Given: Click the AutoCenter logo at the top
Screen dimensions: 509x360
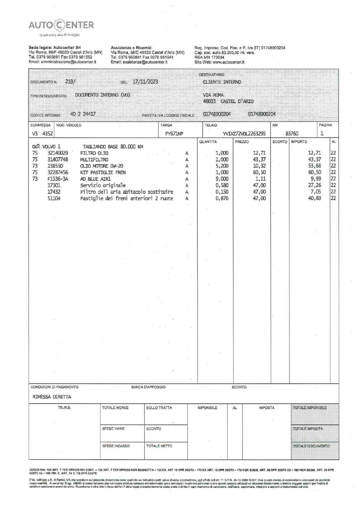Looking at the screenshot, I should pos(61,25).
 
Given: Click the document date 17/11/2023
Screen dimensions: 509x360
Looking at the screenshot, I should pos(145,82).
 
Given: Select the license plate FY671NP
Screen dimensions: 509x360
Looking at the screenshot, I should pos(177,134).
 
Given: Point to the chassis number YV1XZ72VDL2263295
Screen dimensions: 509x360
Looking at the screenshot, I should pos(244,134).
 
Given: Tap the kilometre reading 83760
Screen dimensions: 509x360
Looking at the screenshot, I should pos(292,134).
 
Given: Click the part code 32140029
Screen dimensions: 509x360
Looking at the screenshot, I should pos(58,153).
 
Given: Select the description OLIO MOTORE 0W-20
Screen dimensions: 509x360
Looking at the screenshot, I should pos(102,166).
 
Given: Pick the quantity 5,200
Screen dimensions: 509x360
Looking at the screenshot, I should pos(222,166).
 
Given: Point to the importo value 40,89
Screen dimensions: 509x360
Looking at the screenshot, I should pos(314,198).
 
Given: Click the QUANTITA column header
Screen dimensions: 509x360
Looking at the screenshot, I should pos(208,142).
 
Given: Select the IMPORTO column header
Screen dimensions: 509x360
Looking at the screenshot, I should pos(299,142).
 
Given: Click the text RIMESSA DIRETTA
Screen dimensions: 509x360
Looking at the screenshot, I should pos(52,397).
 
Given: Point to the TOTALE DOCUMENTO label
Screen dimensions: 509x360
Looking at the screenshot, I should pos(311,446).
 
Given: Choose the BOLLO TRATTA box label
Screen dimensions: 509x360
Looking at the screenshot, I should pos(159,408).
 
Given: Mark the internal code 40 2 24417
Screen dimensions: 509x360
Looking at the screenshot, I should pos(83,114).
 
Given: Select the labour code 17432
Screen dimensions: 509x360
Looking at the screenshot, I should pos(54,192).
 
